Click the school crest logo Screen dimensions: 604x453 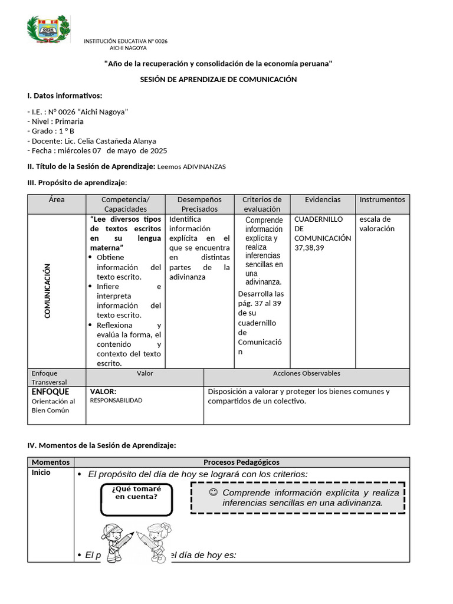49,30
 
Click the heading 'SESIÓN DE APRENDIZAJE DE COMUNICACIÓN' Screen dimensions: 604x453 218,79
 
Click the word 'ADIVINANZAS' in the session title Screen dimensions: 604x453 204,167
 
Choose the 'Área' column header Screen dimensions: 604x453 57,200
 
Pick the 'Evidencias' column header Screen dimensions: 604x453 323,200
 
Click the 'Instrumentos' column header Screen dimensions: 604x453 382,200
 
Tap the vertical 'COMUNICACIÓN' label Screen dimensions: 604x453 48,291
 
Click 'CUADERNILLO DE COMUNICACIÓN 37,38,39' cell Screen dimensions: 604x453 322,233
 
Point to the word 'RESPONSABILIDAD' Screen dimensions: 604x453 116,401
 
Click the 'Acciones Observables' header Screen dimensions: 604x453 306,373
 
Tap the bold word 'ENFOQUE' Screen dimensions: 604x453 50,392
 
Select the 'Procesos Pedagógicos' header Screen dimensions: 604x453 241,462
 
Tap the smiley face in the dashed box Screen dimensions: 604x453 214,493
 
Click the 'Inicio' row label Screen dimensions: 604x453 41,473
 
